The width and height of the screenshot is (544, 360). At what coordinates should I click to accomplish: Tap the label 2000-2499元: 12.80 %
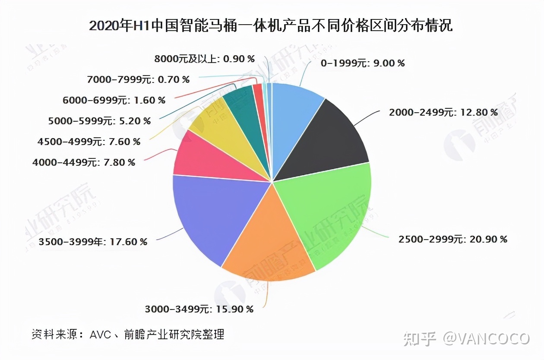click(x=443, y=112)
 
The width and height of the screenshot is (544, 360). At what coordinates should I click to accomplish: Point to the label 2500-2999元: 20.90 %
click(x=452, y=239)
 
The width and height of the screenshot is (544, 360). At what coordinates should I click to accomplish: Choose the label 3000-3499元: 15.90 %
click(x=199, y=309)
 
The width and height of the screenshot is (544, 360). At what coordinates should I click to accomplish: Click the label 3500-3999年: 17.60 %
click(x=92, y=242)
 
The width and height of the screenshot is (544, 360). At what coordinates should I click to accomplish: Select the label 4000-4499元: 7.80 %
click(x=84, y=162)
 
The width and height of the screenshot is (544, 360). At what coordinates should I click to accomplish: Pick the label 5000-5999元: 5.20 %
click(x=99, y=121)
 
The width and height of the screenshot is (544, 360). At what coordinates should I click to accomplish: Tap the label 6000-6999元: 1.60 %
click(x=114, y=100)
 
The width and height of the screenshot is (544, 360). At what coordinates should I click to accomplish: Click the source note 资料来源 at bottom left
click(x=128, y=334)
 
